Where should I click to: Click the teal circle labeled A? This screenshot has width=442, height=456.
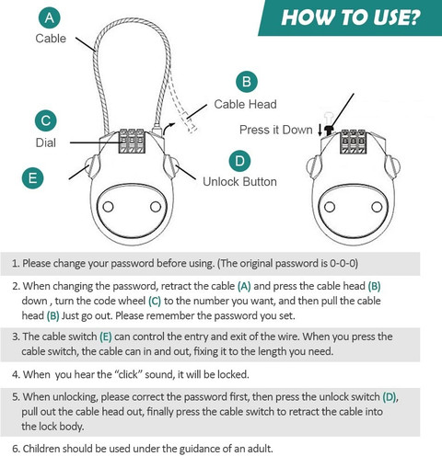coord(49,17)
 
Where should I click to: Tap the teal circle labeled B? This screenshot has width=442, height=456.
coord(247,82)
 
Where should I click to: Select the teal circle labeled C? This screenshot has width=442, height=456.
coord(46,120)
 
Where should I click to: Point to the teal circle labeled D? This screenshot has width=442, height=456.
coord(239,161)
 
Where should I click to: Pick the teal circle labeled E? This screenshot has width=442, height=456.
coord(32,178)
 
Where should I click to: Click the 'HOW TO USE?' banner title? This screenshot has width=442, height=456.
coord(350,17)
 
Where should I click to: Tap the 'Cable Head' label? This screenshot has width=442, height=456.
coord(245,104)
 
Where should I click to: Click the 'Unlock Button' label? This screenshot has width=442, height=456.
coord(239,181)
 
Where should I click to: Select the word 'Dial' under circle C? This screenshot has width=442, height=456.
coord(46,142)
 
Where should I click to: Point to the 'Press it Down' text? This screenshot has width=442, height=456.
coord(276,130)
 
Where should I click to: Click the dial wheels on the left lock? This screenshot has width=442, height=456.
coord(132,141)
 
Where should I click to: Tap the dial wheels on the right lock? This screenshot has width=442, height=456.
coord(354,142)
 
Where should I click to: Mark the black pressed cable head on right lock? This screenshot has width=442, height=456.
coord(329,131)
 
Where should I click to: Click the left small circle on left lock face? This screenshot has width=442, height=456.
coord(108,207)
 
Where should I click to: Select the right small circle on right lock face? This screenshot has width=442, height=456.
coord(377,207)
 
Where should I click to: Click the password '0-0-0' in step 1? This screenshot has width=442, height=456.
coord(343,263)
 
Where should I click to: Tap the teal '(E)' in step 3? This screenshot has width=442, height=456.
coord(106,336)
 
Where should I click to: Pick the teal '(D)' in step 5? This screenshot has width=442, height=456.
coord(390,397)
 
